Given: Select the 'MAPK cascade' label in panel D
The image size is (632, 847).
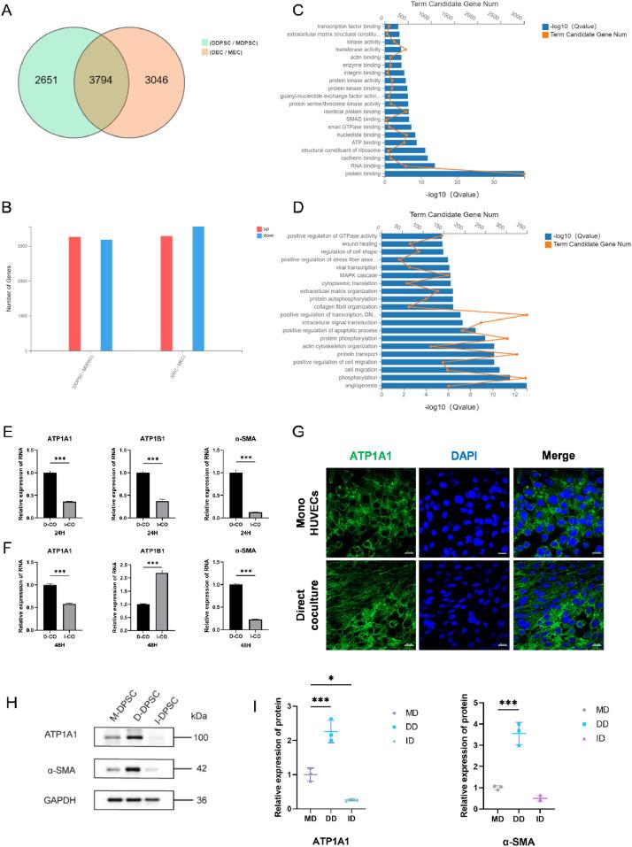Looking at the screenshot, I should (x=361, y=274).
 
